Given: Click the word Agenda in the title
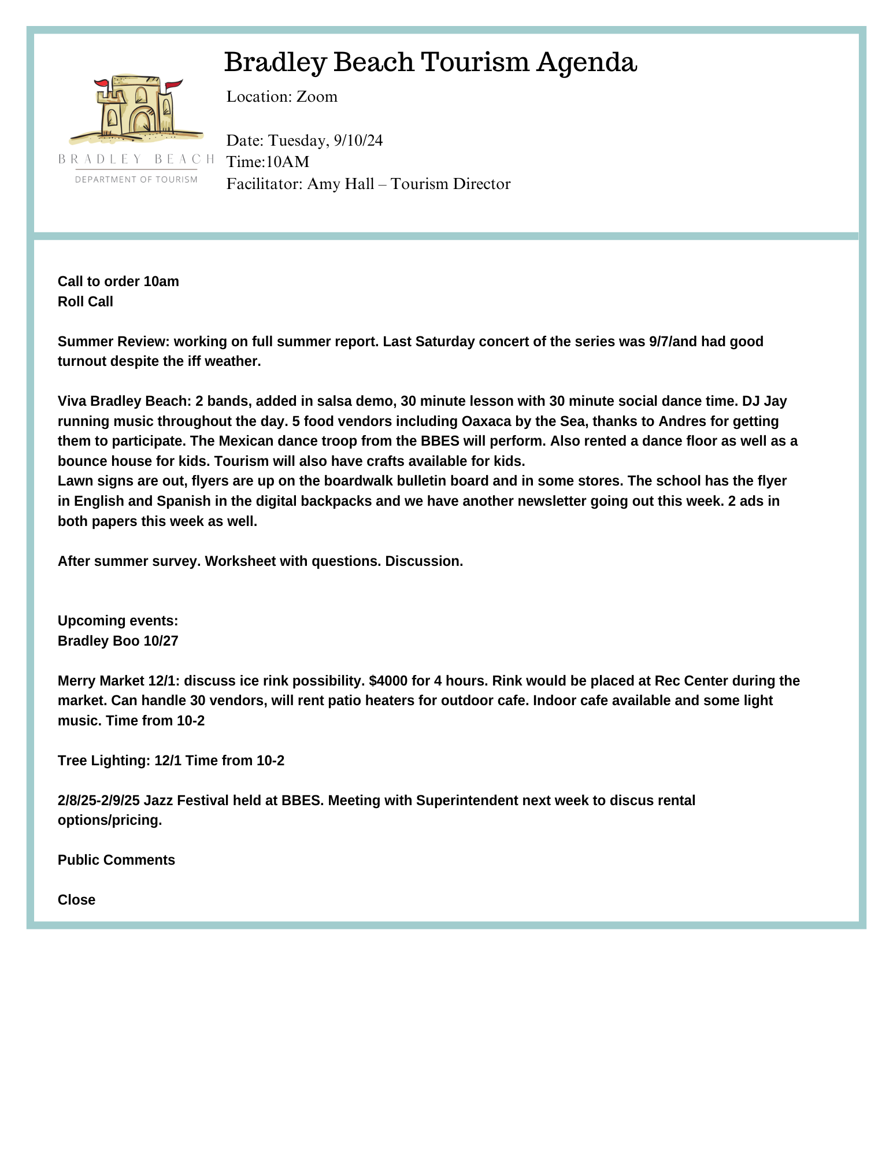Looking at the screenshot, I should [x=587, y=62].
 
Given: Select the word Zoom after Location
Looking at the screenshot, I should [x=317, y=97].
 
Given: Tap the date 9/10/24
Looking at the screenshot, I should [x=358, y=140].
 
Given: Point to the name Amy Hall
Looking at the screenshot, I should [x=340, y=184].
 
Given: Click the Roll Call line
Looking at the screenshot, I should [x=86, y=302].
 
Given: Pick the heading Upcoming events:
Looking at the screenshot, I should [x=118, y=621].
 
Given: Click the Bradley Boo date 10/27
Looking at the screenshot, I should [x=161, y=641].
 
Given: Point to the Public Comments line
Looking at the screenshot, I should [x=116, y=860].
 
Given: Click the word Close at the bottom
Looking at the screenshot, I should [x=76, y=900].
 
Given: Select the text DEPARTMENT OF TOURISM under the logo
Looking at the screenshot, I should [x=136, y=180].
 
